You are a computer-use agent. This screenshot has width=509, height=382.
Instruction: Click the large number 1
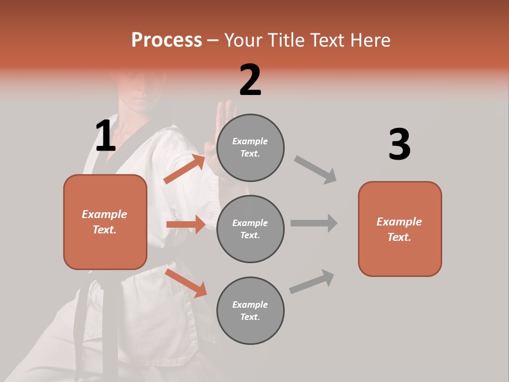pos(106,136)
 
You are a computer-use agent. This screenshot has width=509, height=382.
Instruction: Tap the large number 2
pos(250,80)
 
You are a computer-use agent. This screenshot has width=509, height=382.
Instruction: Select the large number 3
pos(399,144)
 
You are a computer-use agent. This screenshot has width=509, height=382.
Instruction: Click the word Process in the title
pos(166,40)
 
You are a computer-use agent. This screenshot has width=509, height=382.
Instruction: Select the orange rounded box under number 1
pos(105,222)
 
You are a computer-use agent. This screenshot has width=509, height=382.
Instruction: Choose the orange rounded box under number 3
pos(400,229)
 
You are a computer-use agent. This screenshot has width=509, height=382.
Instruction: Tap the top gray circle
pos(250,147)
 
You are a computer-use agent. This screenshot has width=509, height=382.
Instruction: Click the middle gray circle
pos(250,229)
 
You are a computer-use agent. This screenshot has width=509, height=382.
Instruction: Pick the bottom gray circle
pos(250,310)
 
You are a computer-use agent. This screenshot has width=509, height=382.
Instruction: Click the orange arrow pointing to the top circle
pos(185,169)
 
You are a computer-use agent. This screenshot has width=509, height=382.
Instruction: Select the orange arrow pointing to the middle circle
pos(186,224)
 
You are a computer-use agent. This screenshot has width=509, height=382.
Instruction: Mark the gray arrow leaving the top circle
pos(315,169)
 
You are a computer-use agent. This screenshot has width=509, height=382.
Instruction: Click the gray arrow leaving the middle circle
pos(314,223)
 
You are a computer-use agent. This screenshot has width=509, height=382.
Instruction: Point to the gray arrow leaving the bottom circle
pos(312,282)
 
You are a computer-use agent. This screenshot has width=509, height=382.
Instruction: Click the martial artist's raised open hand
pos(223,127)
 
